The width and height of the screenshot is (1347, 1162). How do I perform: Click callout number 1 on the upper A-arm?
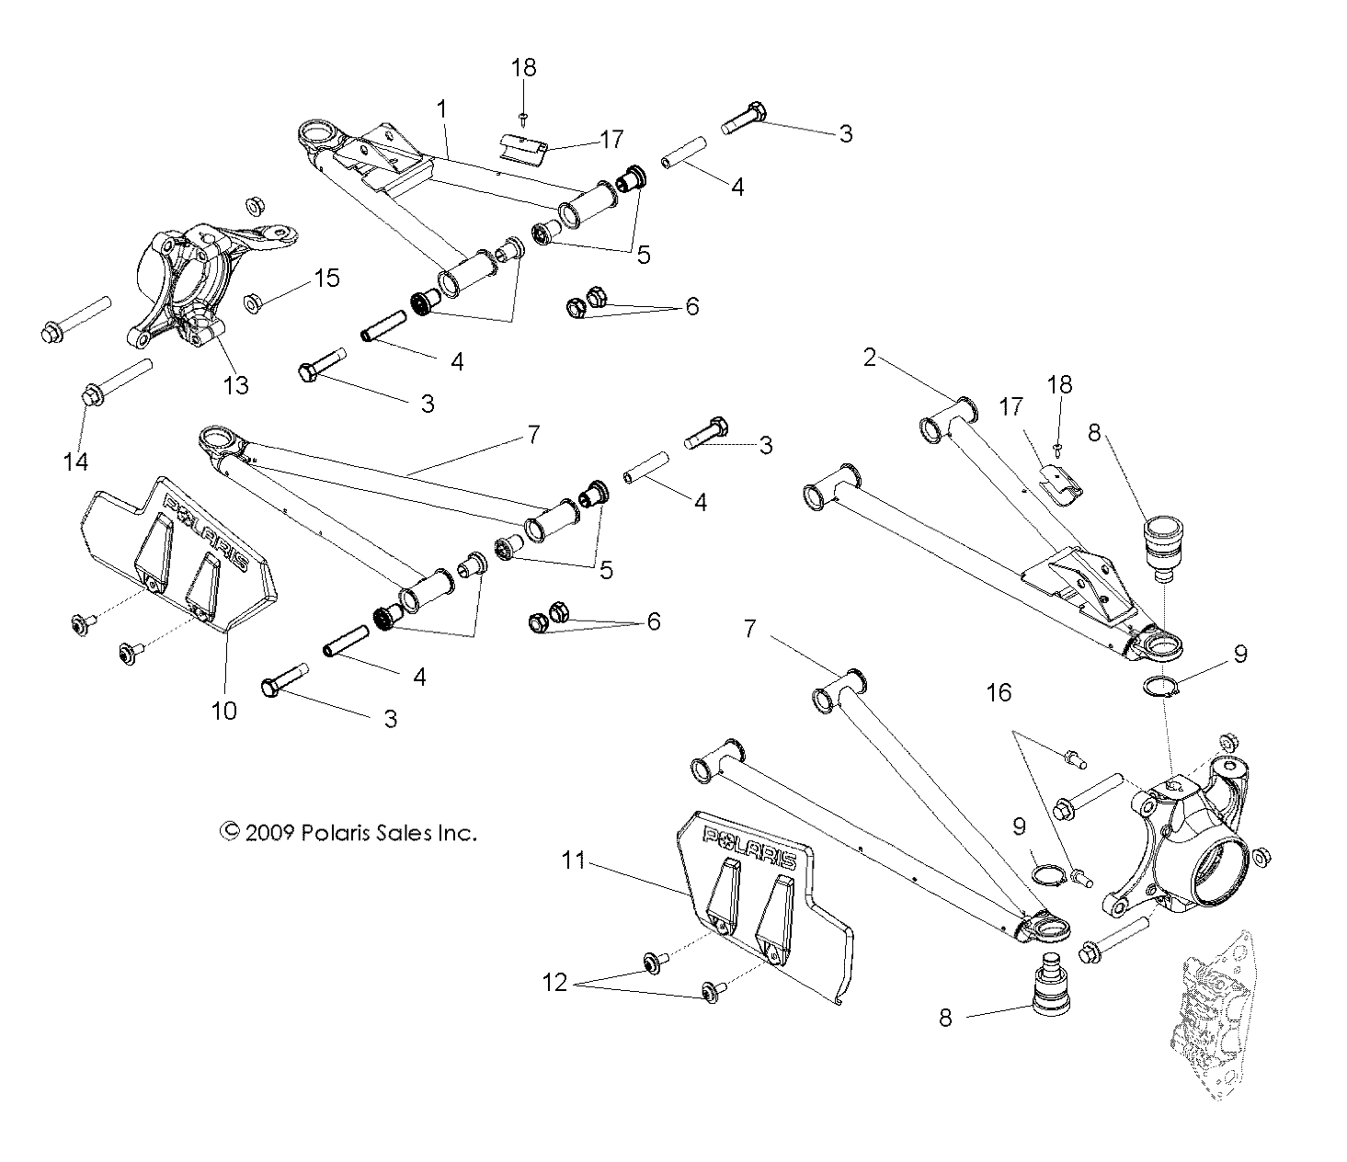pyautogui.click(x=442, y=109)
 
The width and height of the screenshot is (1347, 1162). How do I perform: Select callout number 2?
pyautogui.click(x=869, y=358)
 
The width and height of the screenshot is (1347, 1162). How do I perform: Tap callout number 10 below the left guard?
pyautogui.click(x=224, y=711)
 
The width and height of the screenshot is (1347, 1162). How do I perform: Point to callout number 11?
pyautogui.click(x=574, y=860)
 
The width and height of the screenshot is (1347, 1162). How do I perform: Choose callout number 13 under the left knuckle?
pyautogui.click(x=236, y=385)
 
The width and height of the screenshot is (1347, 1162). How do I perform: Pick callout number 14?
pyautogui.click(x=75, y=462)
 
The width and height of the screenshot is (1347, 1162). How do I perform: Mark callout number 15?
pyautogui.click(x=327, y=279)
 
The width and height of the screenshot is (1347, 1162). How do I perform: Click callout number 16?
pyautogui.click(x=999, y=693)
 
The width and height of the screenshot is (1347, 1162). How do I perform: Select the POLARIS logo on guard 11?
pyautogui.click(x=749, y=848)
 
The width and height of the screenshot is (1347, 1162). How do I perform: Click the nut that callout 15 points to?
pyautogui.click(x=253, y=303)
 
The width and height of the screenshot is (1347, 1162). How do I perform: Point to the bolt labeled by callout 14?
pyautogui.click(x=118, y=381)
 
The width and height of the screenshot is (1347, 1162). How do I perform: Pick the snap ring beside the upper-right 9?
pyautogui.click(x=1162, y=687)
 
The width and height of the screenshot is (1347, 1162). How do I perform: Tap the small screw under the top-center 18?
pyautogui.click(x=523, y=118)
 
